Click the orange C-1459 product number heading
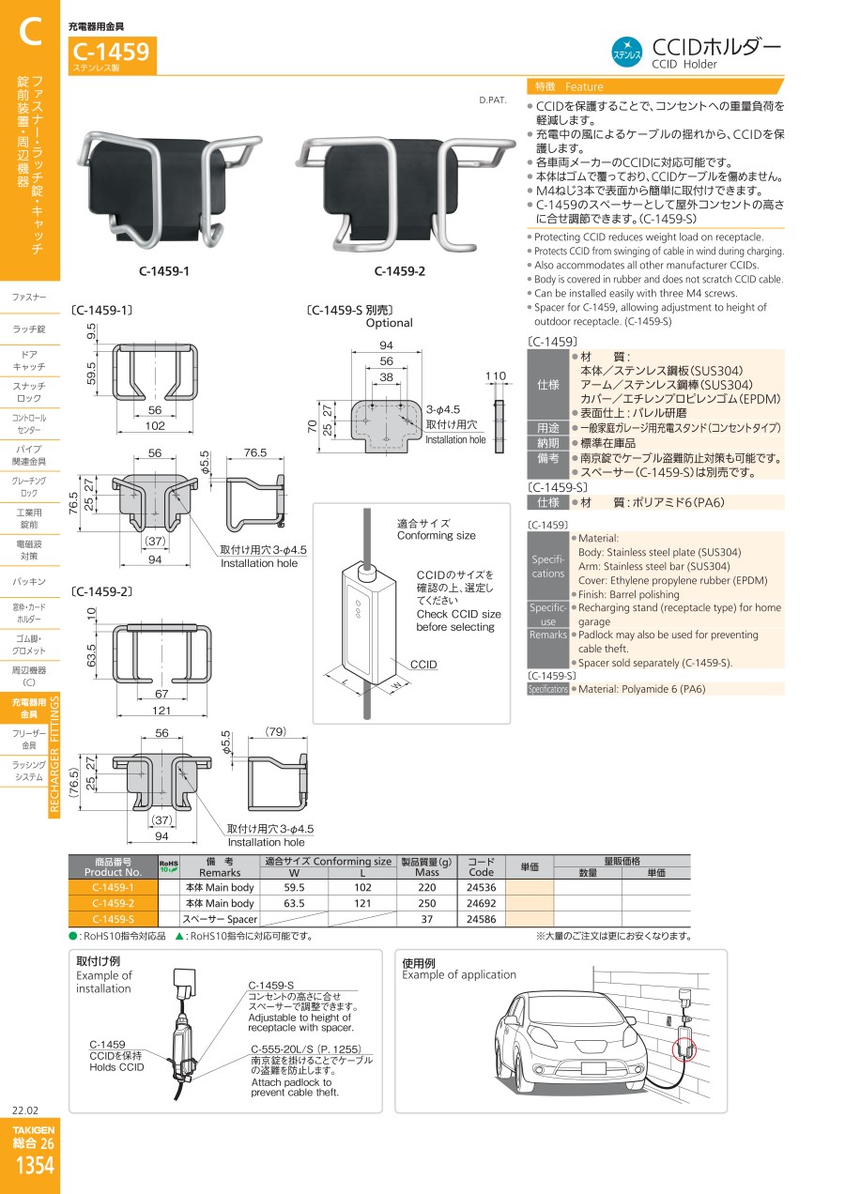click(111, 52)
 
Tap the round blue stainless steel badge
click(626, 53)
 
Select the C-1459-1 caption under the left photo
click(163, 271)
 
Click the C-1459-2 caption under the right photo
click(400, 271)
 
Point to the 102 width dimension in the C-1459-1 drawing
click(155, 426)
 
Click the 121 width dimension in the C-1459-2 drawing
click(161, 710)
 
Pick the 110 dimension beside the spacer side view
click(496, 375)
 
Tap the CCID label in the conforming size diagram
click(423, 665)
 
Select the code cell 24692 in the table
click(481, 903)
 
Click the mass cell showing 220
click(427, 887)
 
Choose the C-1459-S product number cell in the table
click(113, 919)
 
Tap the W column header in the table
click(294, 873)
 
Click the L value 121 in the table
click(362, 903)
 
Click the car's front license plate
click(593, 1067)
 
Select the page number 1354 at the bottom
click(35, 1165)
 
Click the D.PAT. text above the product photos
click(493, 99)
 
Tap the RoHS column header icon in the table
click(168, 866)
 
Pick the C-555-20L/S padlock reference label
click(306, 1049)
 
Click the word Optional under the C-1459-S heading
click(390, 323)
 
